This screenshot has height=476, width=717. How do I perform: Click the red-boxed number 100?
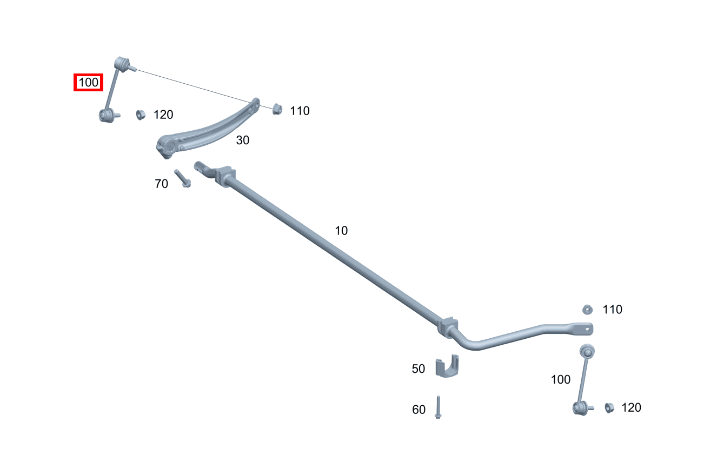pyautogui.click(x=88, y=83)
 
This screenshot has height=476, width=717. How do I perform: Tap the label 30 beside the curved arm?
pyautogui.click(x=243, y=140)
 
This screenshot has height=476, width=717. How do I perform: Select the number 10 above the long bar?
pyautogui.click(x=341, y=231)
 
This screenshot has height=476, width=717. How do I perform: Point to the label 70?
pyautogui.click(x=161, y=184)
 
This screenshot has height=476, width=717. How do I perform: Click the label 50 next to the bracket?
pyautogui.click(x=419, y=369)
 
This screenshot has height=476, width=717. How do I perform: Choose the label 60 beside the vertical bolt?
pyautogui.click(x=419, y=410)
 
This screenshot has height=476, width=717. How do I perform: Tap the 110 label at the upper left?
pyautogui.click(x=300, y=111)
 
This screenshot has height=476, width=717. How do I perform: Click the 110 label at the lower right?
pyautogui.click(x=612, y=310)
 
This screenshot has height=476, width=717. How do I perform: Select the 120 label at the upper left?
pyautogui.click(x=163, y=115)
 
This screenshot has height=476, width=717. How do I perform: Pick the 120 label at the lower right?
pyautogui.click(x=631, y=407)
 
